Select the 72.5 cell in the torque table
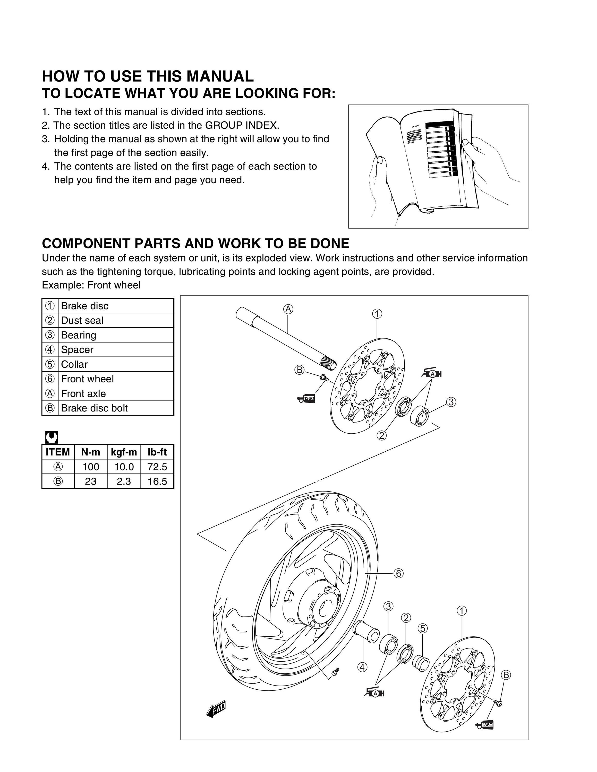point(157,467)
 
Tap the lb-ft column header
point(157,452)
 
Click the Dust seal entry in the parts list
point(82,320)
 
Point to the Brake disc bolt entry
point(94,408)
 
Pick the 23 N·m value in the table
point(91,481)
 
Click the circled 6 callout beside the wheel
point(398,573)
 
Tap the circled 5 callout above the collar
point(423,628)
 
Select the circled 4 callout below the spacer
point(362,667)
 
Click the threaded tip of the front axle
point(329,364)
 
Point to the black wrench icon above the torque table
point(52,437)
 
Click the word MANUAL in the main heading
point(220,76)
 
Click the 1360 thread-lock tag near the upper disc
point(306,399)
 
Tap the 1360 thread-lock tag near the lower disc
point(484,725)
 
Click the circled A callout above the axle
point(289,309)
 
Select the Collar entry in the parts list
point(74,364)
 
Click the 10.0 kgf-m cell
point(124,467)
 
